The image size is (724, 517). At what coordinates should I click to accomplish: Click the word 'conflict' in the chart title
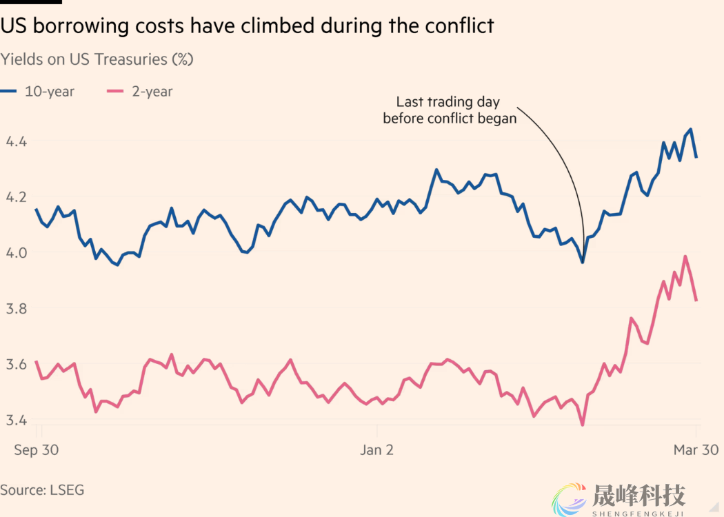point(458,26)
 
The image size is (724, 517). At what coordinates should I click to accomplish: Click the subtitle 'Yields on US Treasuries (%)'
point(97,59)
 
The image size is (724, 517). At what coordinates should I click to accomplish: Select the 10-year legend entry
point(38,91)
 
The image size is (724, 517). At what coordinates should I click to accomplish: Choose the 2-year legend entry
point(141,91)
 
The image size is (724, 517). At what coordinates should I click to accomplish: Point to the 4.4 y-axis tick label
point(16,141)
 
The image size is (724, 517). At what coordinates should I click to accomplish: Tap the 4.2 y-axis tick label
point(16,196)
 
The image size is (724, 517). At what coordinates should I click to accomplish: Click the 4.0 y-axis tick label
point(16,252)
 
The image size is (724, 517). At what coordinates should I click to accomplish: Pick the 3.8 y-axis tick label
point(16,308)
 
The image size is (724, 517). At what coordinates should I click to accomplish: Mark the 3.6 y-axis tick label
point(16,364)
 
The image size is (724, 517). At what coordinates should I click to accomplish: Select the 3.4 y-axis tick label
point(16,420)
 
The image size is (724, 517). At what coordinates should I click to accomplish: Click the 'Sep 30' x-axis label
point(37,450)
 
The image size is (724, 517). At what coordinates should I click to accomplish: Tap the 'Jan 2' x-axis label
point(377,450)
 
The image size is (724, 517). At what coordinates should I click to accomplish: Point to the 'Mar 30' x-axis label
point(695,450)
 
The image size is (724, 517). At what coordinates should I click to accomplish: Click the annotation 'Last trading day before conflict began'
point(449,110)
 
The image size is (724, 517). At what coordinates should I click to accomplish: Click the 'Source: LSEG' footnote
point(42,490)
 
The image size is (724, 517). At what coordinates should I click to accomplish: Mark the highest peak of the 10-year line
point(690,130)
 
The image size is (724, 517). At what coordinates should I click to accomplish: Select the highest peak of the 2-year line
point(685,256)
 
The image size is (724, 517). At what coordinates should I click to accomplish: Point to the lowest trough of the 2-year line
point(583,425)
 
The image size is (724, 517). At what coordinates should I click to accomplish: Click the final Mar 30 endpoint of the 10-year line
point(696,157)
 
